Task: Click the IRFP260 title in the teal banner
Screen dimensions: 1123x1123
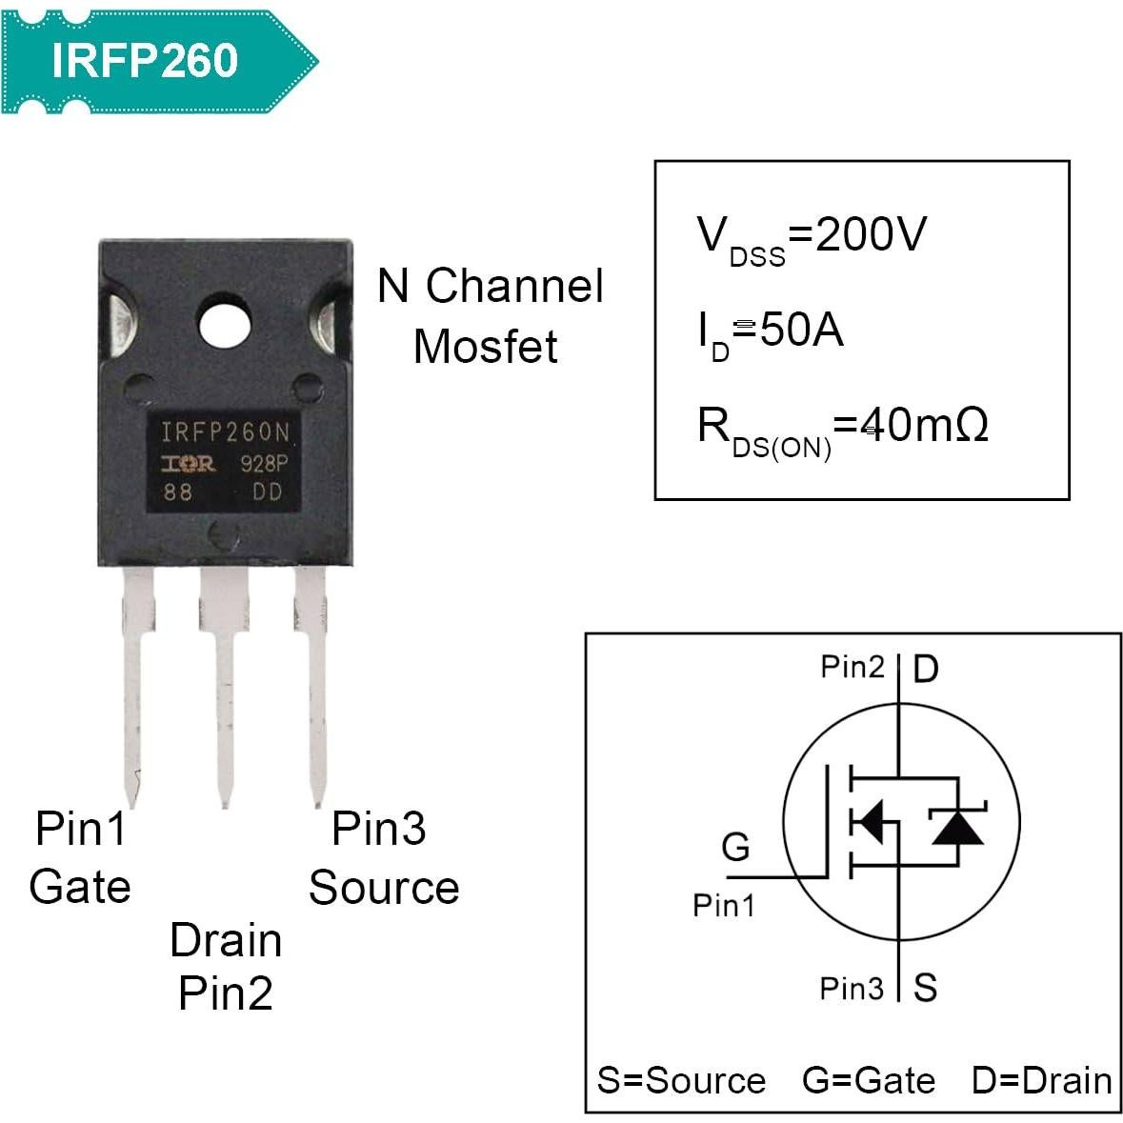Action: click(x=144, y=60)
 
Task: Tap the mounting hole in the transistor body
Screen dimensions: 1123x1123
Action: click(x=225, y=326)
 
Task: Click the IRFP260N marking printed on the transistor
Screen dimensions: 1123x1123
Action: click(x=225, y=433)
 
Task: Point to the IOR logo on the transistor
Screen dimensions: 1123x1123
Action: click(x=188, y=464)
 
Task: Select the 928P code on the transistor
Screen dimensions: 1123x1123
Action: click(x=263, y=464)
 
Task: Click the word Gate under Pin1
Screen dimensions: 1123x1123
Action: click(x=80, y=887)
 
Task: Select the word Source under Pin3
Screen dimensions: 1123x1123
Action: click(x=384, y=888)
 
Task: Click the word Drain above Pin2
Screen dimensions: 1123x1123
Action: click(x=226, y=941)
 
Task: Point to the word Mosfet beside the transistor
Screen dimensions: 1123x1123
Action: click(x=485, y=347)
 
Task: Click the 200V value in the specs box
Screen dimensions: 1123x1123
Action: click(x=871, y=234)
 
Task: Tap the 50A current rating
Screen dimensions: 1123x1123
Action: click(x=802, y=331)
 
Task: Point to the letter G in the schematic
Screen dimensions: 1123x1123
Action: click(x=735, y=847)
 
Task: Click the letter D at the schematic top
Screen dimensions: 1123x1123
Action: click(x=925, y=670)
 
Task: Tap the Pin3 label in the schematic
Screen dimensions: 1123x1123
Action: click(x=852, y=989)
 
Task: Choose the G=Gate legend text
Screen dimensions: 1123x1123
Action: click(x=869, y=1081)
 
